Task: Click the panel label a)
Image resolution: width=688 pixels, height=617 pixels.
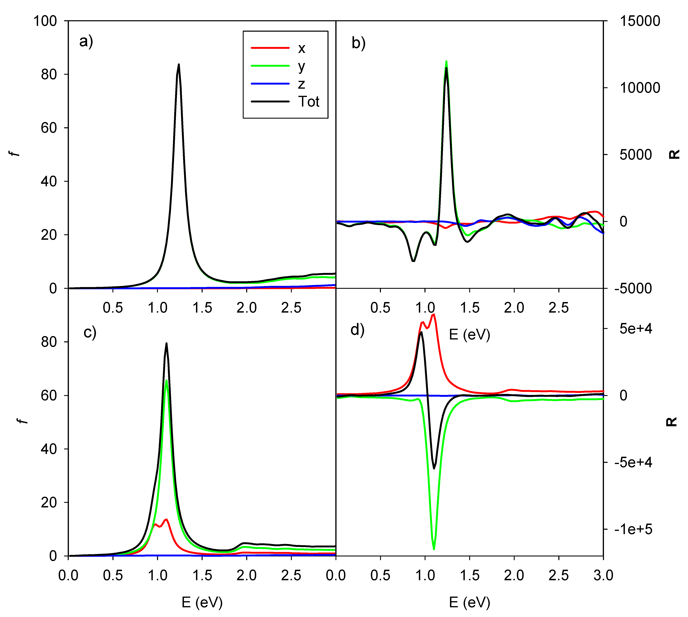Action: [x=86, y=42]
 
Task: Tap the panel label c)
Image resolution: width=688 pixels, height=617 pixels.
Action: [x=90, y=332]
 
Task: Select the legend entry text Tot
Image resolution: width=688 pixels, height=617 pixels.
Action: [x=309, y=102]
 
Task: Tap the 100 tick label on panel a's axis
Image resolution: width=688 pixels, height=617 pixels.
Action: [x=45, y=21]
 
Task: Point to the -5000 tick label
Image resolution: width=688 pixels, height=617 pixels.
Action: [x=633, y=288]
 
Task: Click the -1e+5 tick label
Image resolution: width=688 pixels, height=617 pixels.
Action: [x=633, y=529]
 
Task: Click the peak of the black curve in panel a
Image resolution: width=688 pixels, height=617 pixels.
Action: [x=179, y=64]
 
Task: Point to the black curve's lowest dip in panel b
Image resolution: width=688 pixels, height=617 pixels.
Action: [x=413, y=261]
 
